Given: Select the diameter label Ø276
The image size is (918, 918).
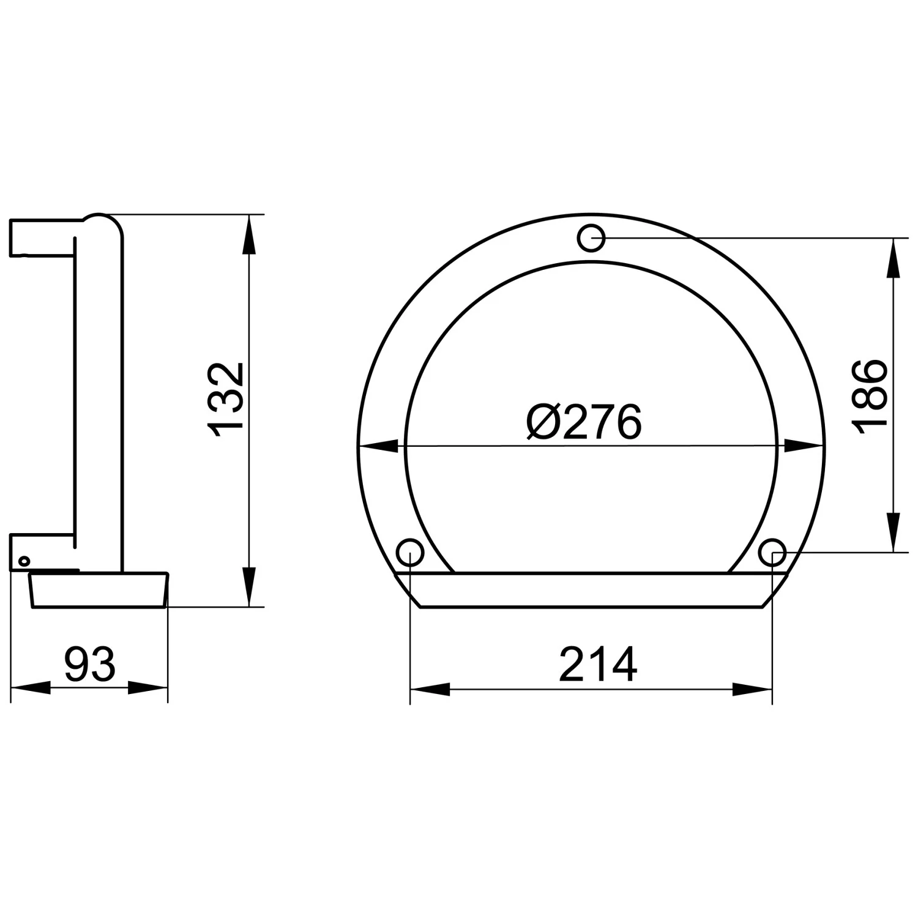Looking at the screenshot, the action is click(584, 422).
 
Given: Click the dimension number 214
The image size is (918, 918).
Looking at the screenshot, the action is click(598, 665).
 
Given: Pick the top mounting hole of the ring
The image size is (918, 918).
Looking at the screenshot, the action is click(592, 238).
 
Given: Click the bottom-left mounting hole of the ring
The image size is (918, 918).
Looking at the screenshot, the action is click(410, 553).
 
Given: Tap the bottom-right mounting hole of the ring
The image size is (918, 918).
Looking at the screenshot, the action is click(772, 553).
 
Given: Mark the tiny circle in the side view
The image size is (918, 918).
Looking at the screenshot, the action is click(24, 561).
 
